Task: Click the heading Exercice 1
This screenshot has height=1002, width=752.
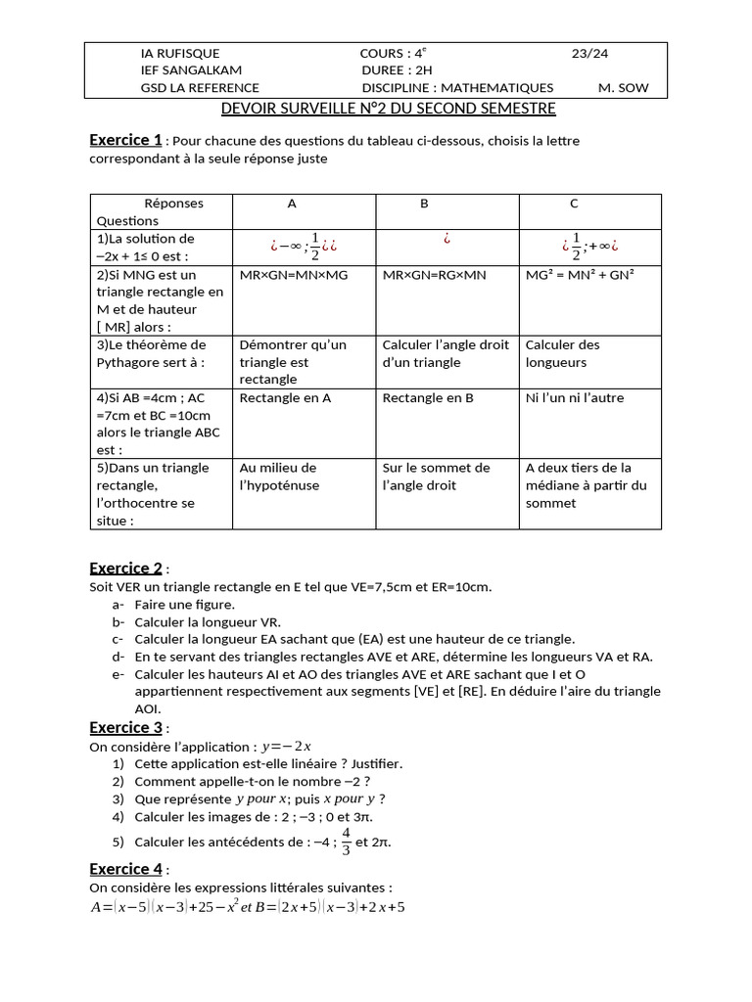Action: coord(125,140)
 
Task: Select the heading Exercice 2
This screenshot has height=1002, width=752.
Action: coord(125,569)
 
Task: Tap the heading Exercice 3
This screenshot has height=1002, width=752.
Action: coord(125,727)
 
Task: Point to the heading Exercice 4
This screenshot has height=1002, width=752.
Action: coord(125,869)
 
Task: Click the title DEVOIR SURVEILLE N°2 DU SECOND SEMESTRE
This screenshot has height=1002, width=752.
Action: coord(388,109)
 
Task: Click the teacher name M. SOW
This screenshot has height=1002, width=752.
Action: coord(623,87)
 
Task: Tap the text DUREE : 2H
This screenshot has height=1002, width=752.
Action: coord(397,70)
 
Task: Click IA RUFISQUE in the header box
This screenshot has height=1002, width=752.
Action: coord(180,53)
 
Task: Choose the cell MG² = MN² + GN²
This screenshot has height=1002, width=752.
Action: coord(580,275)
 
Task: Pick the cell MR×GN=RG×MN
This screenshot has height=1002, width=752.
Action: coord(434,275)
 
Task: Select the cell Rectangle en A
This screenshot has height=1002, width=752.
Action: coord(285,398)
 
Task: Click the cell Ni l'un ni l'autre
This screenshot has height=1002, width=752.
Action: coord(574,398)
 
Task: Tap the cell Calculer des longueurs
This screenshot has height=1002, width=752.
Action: coord(563,353)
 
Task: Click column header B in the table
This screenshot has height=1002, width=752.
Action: coord(424,204)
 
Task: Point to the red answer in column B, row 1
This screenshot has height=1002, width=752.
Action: coord(446,239)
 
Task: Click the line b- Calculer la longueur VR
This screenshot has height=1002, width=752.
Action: coord(208,621)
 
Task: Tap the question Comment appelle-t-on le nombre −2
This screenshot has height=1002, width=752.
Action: coord(252,781)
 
